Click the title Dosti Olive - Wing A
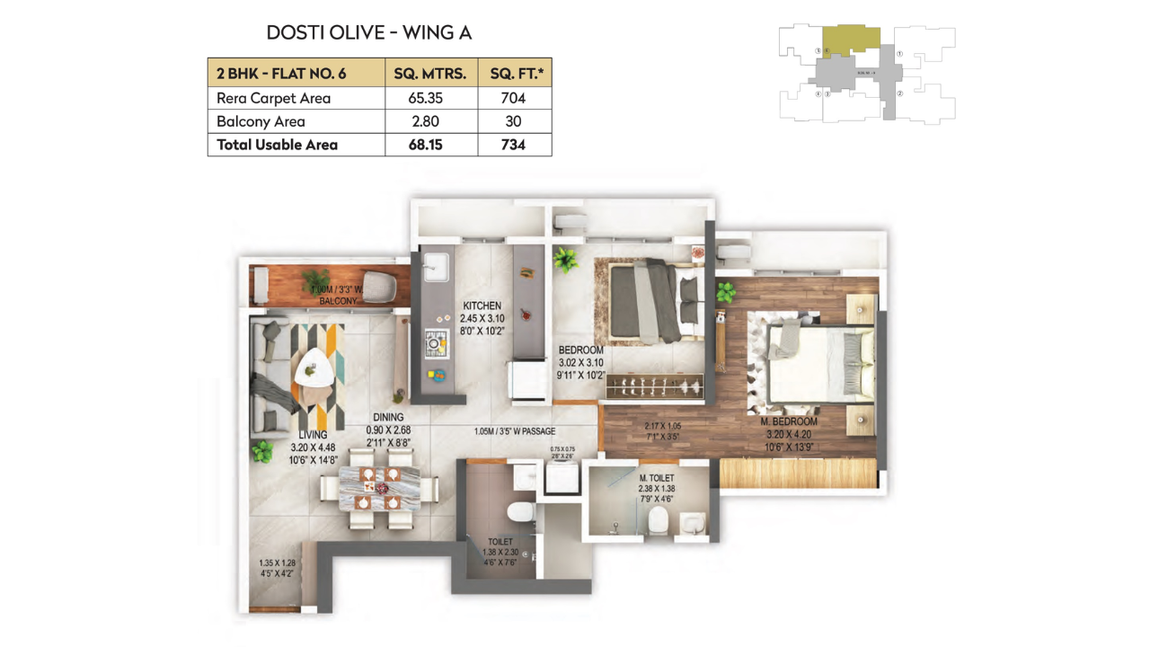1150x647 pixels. [x=369, y=33]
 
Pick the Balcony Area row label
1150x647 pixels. [x=261, y=122]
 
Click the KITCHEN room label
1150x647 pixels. [x=482, y=306]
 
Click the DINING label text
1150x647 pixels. [x=388, y=417]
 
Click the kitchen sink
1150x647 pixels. [x=436, y=266]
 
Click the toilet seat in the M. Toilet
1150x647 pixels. [x=659, y=518]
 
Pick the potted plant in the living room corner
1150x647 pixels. [x=262, y=451]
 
